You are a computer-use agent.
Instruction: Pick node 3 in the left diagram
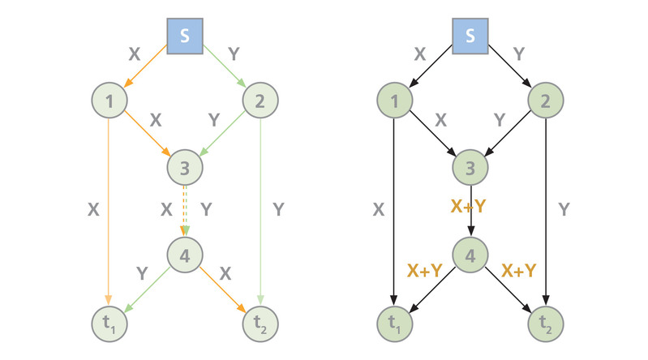click(185, 168)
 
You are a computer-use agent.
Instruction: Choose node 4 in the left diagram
click(185, 256)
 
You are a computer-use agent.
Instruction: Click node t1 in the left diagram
click(109, 324)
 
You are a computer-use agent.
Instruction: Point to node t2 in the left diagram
click(260, 324)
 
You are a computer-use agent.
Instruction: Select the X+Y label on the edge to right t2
click(519, 270)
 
